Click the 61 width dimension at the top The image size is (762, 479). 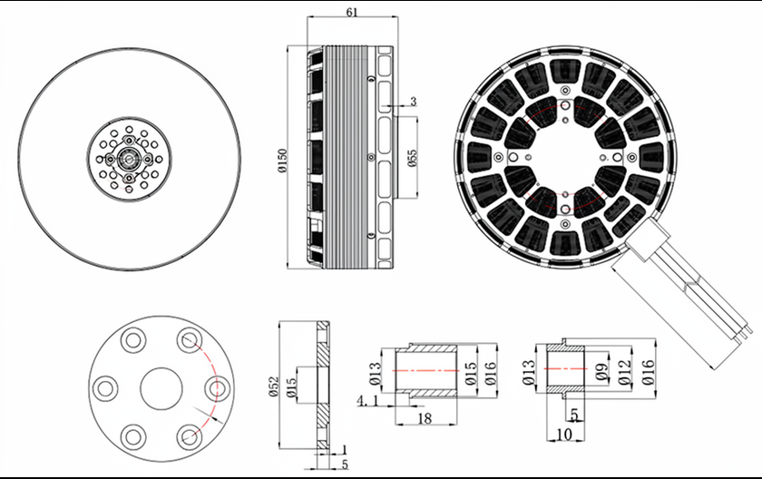coord(352,12)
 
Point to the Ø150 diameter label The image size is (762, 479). coord(282,161)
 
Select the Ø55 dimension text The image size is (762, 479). coord(412,158)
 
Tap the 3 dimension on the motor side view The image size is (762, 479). coord(414,102)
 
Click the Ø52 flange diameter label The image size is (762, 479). coord(274,386)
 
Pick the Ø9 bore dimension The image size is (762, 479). coord(601,372)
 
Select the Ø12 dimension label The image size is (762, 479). coord(624,372)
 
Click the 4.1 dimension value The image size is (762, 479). coord(367,401)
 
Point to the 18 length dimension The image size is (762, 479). coord(425,418)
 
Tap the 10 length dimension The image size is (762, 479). coord(564,435)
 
